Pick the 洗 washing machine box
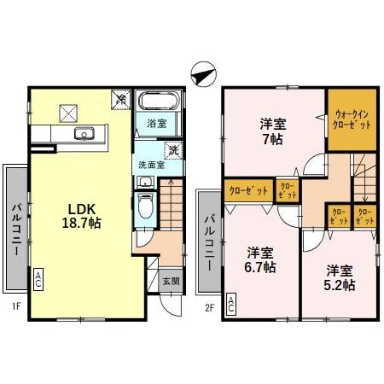pyautogui.click(x=173, y=151)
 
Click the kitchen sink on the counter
pyautogui.click(x=85, y=133)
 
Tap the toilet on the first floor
pyautogui.click(x=145, y=206)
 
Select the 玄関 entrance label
pyautogui.click(x=171, y=280)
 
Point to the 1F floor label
pyautogui.click(x=15, y=305)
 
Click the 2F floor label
pyautogui.click(x=209, y=305)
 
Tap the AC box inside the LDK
pyautogui.click(x=38, y=278)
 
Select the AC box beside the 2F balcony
pyautogui.click(x=232, y=304)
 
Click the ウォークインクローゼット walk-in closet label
pyautogui.click(x=352, y=119)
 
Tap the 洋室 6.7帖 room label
pyautogui.click(x=261, y=259)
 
